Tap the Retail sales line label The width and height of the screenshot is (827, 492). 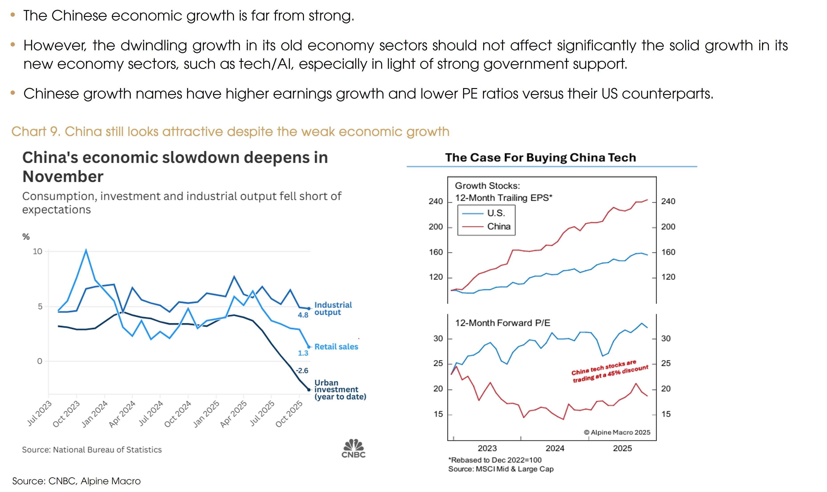(x=336, y=347)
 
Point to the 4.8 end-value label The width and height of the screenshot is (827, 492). (x=303, y=315)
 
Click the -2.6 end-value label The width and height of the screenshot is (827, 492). (x=302, y=370)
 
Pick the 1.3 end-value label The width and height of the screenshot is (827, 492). (x=303, y=353)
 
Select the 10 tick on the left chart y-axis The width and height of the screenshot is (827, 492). (x=37, y=251)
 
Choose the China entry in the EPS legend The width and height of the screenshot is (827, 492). (x=499, y=226)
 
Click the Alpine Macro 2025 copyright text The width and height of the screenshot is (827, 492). (x=617, y=432)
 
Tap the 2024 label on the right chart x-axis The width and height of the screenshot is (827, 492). (x=555, y=448)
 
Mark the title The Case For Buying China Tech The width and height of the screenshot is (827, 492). (x=540, y=157)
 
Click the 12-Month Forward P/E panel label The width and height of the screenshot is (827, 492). (x=502, y=323)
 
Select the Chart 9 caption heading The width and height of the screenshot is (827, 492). (x=230, y=132)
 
